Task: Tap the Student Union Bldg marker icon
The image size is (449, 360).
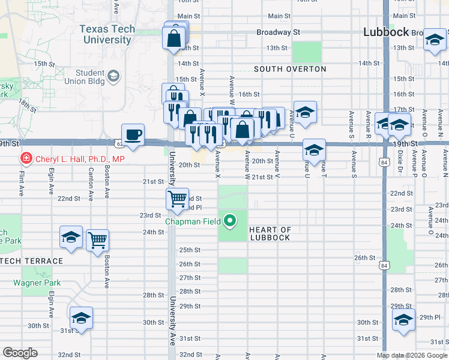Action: coord(113,76)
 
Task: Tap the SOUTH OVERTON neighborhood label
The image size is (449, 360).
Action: coord(290,69)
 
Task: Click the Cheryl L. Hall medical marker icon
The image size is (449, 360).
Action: coord(26,159)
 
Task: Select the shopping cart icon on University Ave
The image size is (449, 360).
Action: coord(177,199)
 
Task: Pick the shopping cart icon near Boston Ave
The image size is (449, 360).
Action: coord(97,240)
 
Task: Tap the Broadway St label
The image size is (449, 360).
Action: coord(278,32)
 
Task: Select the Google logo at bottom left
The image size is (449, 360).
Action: coord(19,353)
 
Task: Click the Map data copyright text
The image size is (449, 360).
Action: coord(412,355)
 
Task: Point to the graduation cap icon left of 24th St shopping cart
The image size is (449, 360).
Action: coord(71,237)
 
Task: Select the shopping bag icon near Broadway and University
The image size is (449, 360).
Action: coord(173,38)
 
